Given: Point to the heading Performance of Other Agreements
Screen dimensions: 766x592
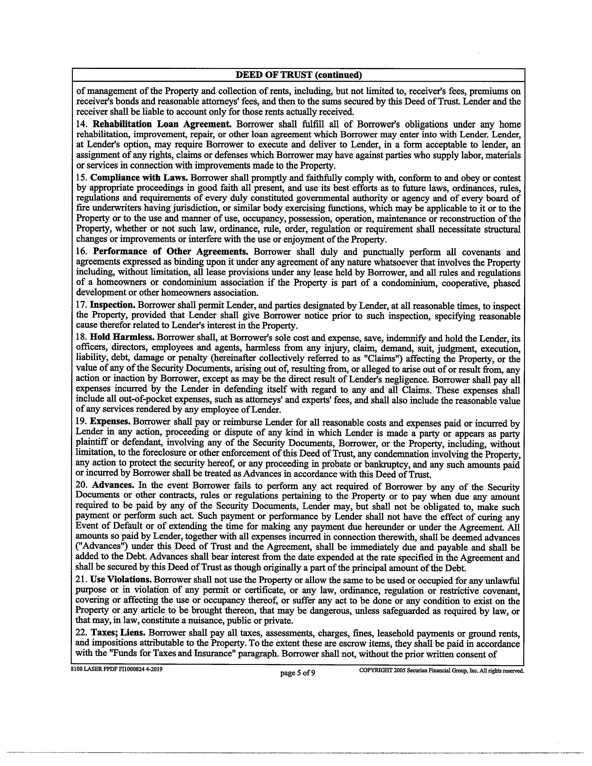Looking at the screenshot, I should pyautogui.click(x=170, y=252).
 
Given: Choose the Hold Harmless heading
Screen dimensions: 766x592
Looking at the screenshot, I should pyautogui.click(x=122, y=337).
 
